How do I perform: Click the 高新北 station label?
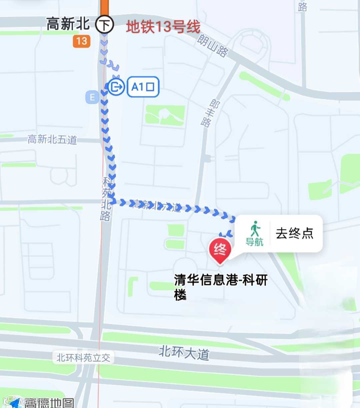tap(68, 24)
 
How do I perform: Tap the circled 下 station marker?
tap(105, 24)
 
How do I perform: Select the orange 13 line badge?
tap(82, 41)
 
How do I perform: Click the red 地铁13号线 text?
tap(163, 27)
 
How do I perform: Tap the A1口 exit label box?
tap(143, 87)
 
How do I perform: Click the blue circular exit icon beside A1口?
tap(116, 87)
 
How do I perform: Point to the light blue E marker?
tap(92, 97)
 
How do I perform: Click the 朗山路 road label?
tap(213, 46)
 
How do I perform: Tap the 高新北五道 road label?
tap(52, 139)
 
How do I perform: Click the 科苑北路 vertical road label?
tap(106, 199)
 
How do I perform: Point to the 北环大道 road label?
tap(184, 352)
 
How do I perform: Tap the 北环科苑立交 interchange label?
tap(83, 358)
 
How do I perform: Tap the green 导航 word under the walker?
tap(255, 242)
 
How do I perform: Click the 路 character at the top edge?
tap(302, 6)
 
